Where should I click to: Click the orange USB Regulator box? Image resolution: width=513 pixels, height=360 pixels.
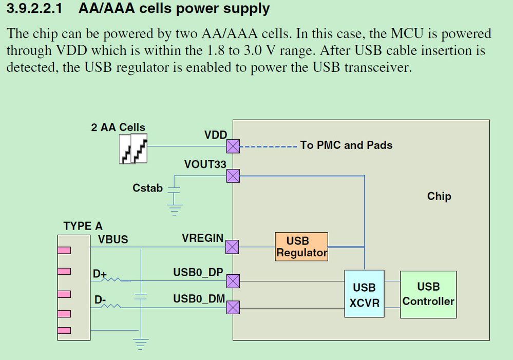pos(301,247)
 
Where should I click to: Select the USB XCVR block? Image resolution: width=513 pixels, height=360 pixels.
pos(364,294)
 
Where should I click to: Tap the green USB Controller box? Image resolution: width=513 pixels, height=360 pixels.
pos(428,294)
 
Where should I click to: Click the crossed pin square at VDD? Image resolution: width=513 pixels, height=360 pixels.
pos(233,146)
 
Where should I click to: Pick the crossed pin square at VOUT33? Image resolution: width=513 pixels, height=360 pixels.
pos(233,176)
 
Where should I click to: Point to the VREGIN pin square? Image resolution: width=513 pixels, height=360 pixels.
pos(233,247)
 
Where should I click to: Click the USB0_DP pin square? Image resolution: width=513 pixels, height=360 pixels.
pos(233,280)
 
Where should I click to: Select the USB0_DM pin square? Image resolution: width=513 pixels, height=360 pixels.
pos(233,307)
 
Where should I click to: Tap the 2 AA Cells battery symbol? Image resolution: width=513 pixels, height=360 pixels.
pos(134,149)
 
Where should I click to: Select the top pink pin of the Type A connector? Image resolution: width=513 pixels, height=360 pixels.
pos(64,250)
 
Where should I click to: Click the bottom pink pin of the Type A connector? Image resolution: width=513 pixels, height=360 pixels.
pos(64,330)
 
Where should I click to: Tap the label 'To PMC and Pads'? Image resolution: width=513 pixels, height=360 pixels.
pos(346,145)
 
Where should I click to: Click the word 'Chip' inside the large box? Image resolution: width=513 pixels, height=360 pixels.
pos(439,196)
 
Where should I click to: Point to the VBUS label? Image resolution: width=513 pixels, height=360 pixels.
pos(113,239)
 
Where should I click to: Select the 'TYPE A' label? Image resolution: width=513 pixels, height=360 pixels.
pos(83,226)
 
